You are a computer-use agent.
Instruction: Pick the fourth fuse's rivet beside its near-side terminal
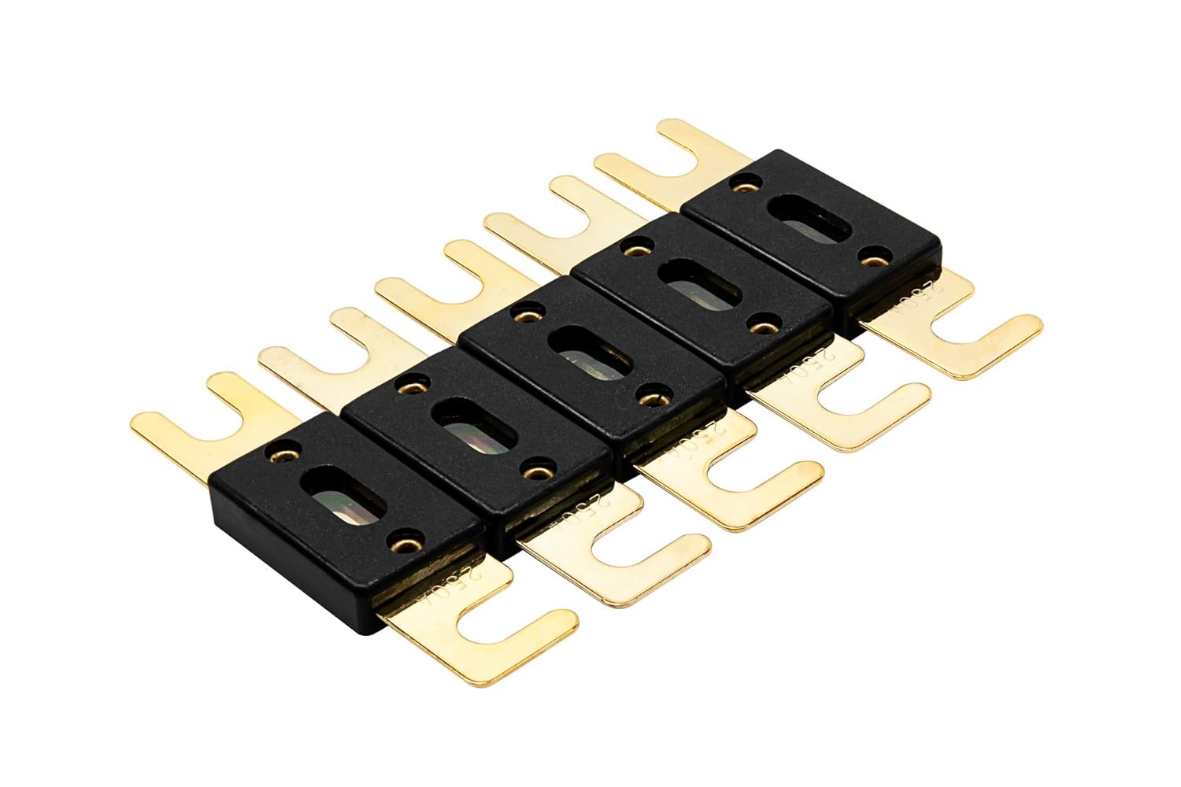click(761, 324)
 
